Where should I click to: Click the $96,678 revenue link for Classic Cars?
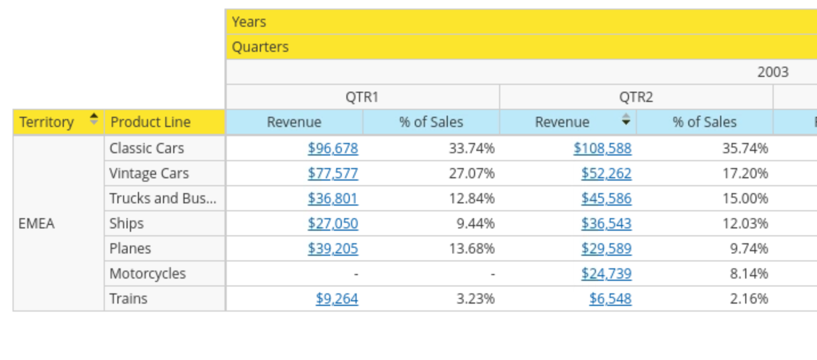pyautogui.click(x=333, y=149)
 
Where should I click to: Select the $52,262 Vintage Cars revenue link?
pyautogui.click(x=606, y=174)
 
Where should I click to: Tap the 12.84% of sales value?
pyautogui.click(x=472, y=199)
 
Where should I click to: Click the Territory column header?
pyautogui.click(x=47, y=122)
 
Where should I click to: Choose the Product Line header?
pyautogui.click(x=150, y=122)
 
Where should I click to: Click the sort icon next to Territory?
pyautogui.click(x=94, y=120)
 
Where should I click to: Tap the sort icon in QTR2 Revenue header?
pyautogui.click(x=626, y=120)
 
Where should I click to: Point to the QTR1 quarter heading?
pyautogui.click(x=362, y=97)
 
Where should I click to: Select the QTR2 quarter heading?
pyautogui.click(x=636, y=97)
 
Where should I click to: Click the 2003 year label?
pyautogui.click(x=773, y=72)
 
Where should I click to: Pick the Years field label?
pyautogui.click(x=249, y=22)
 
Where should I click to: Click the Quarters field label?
pyautogui.click(x=260, y=47)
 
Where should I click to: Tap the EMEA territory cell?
pyautogui.click(x=37, y=223)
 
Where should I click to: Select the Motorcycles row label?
pyautogui.click(x=148, y=274)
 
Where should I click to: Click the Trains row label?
pyautogui.click(x=128, y=299)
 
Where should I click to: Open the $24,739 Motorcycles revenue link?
pyautogui.click(x=606, y=274)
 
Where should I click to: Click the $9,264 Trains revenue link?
pyautogui.click(x=337, y=299)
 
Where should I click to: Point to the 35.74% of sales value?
pyautogui.click(x=745, y=149)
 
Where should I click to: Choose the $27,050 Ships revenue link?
pyautogui.click(x=333, y=224)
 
